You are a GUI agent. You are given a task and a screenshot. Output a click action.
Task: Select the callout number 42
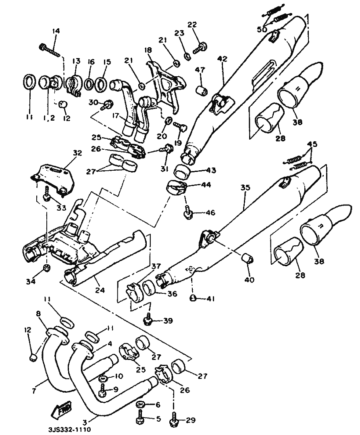pos(222,59)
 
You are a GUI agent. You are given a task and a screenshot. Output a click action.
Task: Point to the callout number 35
pos(245,188)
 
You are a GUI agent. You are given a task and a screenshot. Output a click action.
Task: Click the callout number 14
pos(56,31)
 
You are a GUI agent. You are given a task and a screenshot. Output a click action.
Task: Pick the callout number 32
pos(77,153)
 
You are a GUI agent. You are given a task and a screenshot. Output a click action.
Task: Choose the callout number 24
pos(100,290)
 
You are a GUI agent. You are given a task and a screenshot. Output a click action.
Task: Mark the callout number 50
pos(262,29)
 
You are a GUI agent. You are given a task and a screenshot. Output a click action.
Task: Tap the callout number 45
pos(312,144)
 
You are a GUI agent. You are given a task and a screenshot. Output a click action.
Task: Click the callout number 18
pos(148,50)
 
